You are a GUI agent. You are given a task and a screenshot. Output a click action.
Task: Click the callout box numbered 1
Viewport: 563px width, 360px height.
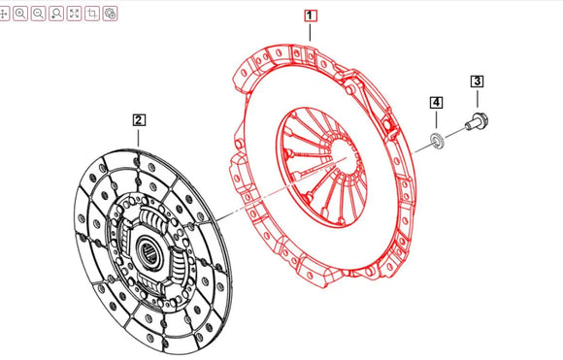310,16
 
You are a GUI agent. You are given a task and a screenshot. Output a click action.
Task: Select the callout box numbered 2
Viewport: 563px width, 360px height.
140,120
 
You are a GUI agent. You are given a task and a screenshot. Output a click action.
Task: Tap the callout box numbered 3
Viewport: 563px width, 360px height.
477,82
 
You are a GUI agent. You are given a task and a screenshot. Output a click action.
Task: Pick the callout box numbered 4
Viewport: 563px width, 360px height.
437,103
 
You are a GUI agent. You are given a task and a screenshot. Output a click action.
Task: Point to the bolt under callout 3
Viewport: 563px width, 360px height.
477,122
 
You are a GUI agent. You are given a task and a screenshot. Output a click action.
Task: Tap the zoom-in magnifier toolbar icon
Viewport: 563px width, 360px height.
20,14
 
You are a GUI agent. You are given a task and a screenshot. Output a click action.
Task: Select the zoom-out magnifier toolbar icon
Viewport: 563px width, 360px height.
38,14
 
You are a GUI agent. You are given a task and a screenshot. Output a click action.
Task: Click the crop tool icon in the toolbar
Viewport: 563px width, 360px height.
92,14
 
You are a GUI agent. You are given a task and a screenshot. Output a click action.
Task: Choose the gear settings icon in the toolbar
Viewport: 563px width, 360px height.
110,14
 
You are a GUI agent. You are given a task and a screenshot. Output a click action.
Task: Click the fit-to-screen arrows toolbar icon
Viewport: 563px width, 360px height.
74,14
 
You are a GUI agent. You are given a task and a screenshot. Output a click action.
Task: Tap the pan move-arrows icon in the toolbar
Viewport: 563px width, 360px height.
5,14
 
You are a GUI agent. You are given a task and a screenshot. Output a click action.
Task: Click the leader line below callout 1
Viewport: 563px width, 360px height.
311,31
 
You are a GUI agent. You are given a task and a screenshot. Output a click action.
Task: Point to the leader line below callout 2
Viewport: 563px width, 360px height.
140,137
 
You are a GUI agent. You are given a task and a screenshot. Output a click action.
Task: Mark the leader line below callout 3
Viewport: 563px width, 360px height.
477,100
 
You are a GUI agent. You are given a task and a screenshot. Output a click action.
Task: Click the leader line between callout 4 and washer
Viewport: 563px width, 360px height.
436,122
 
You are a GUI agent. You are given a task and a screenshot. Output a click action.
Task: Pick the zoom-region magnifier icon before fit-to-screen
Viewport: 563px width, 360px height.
55,14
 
